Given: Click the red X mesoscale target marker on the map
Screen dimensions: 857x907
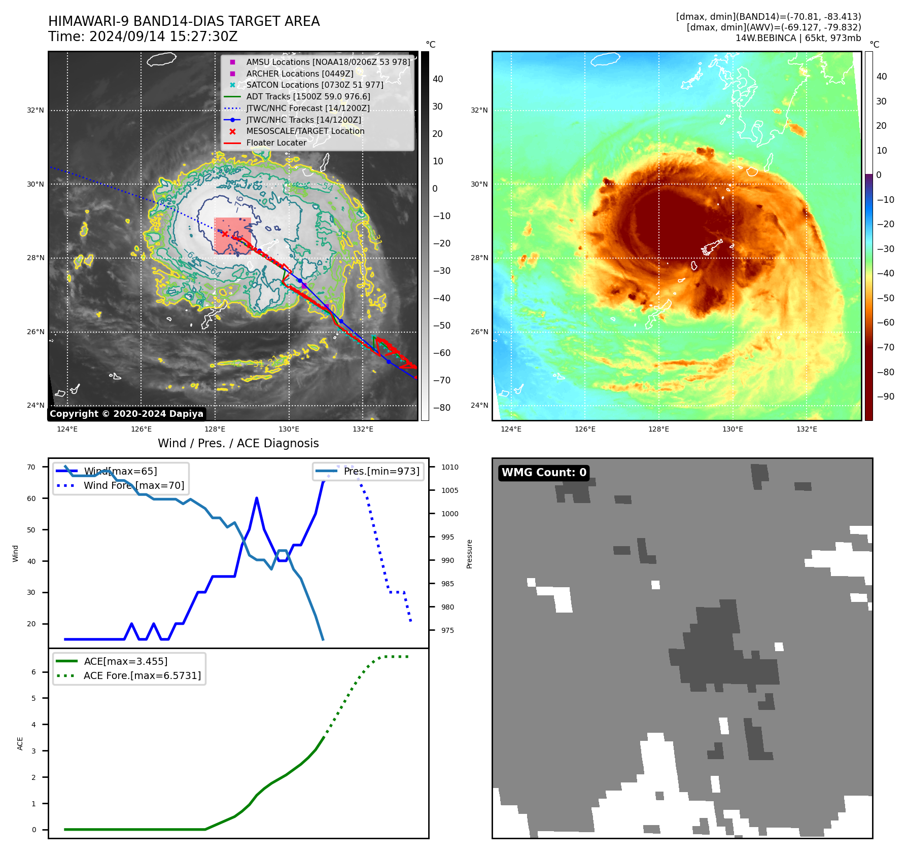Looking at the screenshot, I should tap(225, 234).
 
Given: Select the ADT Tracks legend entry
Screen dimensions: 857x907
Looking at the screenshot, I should tap(308, 96).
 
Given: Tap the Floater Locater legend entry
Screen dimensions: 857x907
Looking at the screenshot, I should tap(276, 143).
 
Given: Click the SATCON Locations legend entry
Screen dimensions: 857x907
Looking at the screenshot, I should tap(315, 85).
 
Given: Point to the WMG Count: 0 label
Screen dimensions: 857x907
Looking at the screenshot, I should tap(544, 473).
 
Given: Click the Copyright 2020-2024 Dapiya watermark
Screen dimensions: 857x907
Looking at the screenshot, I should tap(126, 414).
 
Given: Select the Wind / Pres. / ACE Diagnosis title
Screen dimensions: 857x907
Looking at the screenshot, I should tap(238, 443).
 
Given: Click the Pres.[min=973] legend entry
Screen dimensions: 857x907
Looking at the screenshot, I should tap(381, 471).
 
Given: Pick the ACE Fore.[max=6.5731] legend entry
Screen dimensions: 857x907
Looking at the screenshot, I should tap(142, 675).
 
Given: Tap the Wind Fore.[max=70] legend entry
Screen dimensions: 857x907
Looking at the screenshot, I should tap(134, 485).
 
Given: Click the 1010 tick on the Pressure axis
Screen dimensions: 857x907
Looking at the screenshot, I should tap(449, 467).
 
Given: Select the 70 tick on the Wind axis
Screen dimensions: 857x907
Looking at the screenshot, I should tap(31, 467).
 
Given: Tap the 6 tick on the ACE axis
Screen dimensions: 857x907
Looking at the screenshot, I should tap(33, 672).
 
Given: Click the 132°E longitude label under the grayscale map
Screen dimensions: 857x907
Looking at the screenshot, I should tap(363, 430).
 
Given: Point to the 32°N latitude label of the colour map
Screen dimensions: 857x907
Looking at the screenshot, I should tap(479, 110).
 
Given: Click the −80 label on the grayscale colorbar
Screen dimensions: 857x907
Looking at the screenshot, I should tap(441, 408).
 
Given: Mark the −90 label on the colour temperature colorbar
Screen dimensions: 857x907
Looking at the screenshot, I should tap(885, 397).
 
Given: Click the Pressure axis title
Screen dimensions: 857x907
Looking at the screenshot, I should tap(469, 554).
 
